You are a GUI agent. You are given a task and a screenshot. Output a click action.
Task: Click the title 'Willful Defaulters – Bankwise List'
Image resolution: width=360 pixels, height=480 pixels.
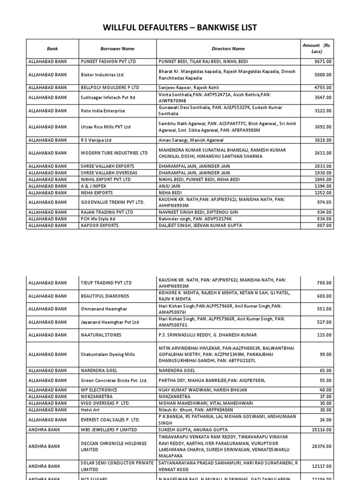tap(180, 28)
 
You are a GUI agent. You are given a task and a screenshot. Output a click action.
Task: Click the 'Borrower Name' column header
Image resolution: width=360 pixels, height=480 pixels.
tap(117, 48)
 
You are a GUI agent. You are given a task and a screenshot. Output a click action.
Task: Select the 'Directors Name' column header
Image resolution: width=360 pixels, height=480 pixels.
tap(228, 48)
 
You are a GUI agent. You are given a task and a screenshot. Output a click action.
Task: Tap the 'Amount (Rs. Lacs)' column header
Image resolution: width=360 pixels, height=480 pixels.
tap(317, 48)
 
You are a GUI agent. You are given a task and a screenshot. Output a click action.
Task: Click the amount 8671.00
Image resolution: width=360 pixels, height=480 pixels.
tap(323, 61)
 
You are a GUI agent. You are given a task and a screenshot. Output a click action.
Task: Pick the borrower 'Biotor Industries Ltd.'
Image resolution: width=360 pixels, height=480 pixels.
tap(103, 75)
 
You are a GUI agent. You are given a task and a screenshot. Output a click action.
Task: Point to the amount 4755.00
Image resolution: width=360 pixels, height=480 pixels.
tap(323, 88)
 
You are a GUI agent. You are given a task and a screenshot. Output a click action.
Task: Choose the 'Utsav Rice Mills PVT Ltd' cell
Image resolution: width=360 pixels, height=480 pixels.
tap(106, 127)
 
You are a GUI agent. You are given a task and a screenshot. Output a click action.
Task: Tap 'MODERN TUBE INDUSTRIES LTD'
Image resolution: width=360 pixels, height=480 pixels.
tap(114, 153)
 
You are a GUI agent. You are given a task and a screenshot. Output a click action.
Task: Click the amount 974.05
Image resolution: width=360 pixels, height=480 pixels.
tap(323, 202)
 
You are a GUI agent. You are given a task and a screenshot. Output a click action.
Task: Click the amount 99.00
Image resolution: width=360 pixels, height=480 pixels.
tap(326, 354)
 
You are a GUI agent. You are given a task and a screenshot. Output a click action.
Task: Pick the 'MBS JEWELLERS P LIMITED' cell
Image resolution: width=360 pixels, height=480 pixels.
tap(109, 429)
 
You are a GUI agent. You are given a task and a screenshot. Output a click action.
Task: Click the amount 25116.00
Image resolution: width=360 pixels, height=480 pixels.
tap(322, 429)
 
